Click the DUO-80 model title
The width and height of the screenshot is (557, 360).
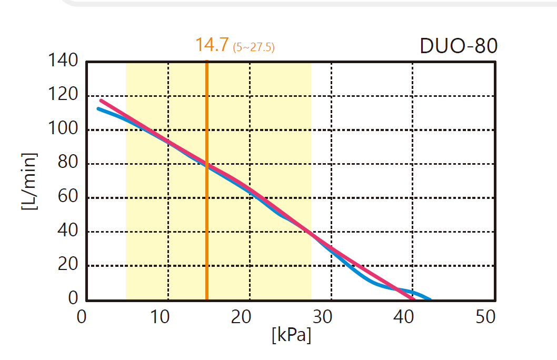pos(459,46)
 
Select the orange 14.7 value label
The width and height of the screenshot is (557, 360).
pos(212,45)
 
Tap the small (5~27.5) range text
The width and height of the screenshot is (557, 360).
pos(254,47)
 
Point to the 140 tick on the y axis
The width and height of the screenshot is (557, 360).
pos(64,62)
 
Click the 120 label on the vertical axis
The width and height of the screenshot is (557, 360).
pos(64,96)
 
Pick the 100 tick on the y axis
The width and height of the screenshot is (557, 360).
pos(64,129)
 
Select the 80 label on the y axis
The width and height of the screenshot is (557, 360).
pos(68,164)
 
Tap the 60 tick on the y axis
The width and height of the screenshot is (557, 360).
pos(68,198)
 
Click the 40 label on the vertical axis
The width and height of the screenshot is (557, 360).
pos(68,232)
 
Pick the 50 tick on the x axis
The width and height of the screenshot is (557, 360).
pos(485,317)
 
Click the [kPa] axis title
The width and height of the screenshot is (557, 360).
pos(291,335)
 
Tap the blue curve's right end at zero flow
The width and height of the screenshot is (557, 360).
pos(430,299)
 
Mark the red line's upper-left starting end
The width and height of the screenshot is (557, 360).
pos(101,100)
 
